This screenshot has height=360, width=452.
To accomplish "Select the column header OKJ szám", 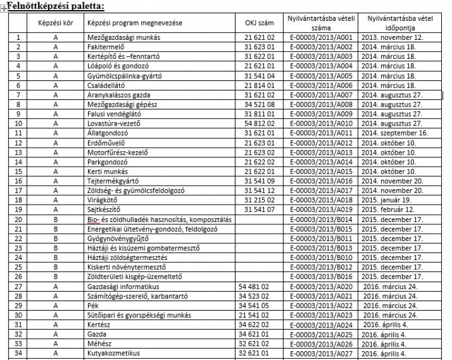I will [x=258, y=23].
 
